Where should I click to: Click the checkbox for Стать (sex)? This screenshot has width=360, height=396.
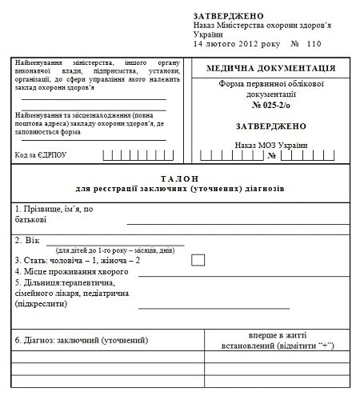pyautogui.click(x=198, y=259)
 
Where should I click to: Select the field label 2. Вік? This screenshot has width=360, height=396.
pyautogui.click(x=27, y=239)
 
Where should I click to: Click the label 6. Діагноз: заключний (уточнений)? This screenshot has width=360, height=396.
pyautogui.click(x=82, y=340)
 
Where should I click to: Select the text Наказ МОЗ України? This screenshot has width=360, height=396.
pyautogui.click(x=270, y=145)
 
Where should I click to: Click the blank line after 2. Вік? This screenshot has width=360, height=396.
pyautogui.click(x=115, y=241)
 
